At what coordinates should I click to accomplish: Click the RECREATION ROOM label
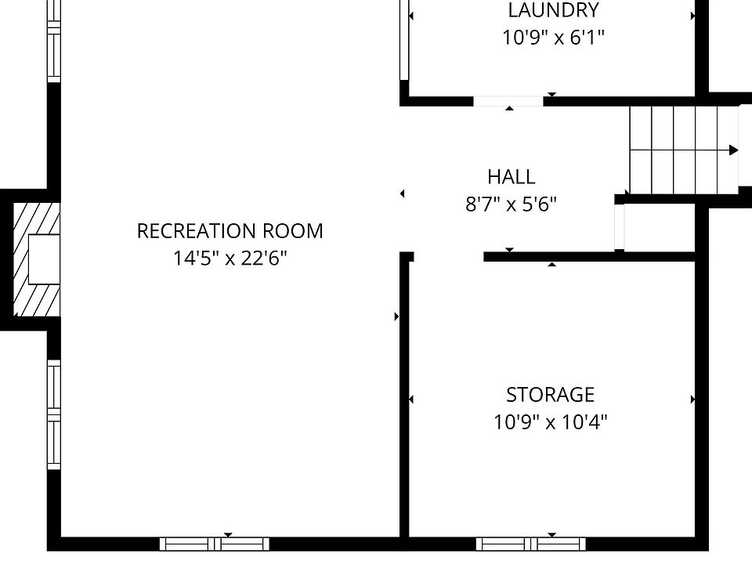(x=230, y=231)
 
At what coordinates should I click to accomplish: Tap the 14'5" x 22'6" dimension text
(x=230, y=258)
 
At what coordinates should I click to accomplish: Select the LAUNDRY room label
(x=554, y=10)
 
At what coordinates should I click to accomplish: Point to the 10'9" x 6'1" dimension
(x=554, y=37)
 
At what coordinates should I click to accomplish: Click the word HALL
(x=512, y=177)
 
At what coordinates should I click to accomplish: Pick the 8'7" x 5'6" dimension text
(x=512, y=204)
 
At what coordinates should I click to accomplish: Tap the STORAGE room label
(x=551, y=395)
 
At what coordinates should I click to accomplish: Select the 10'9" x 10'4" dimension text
(x=551, y=422)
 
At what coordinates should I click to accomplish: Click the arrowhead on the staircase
(x=734, y=150)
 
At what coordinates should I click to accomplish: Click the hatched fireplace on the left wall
(x=37, y=259)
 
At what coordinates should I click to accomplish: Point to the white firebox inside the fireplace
(x=44, y=259)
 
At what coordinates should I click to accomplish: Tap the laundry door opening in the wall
(x=508, y=101)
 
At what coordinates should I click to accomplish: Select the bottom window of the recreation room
(x=215, y=544)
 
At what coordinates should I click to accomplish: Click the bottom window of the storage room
(x=531, y=544)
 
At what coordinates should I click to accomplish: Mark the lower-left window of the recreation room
(x=54, y=415)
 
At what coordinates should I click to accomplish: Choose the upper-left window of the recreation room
(x=54, y=42)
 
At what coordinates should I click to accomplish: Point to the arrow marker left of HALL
(x=403, y=193)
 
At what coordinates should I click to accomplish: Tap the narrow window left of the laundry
(x=404, y=40)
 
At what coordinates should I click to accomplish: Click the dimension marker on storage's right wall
(x=692, y=399)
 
